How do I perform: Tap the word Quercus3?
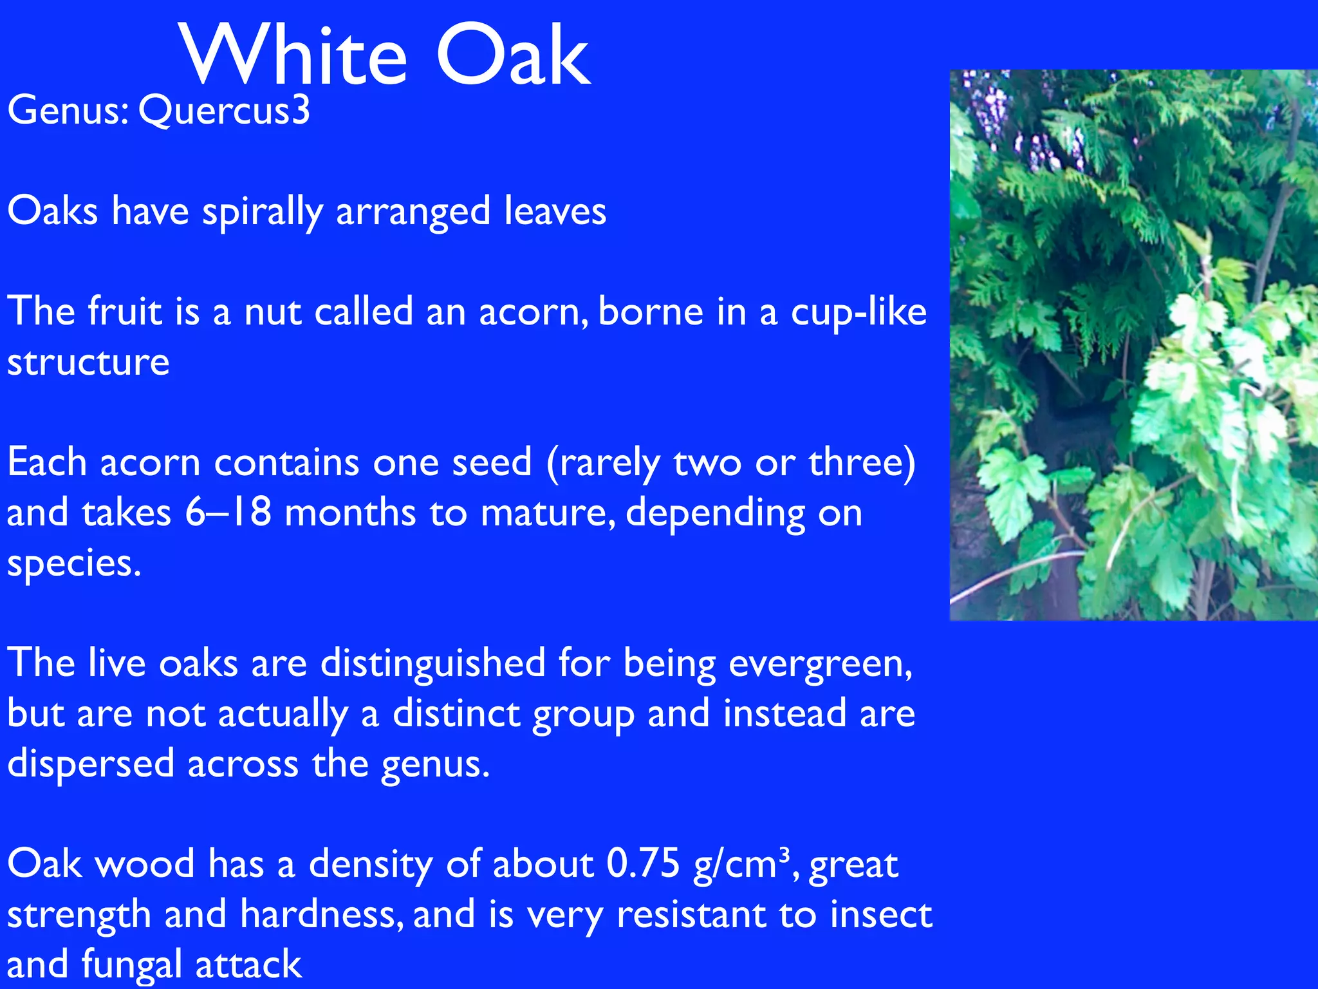(x=224, y=111)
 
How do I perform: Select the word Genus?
(x=68, y=111)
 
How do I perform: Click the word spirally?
(x=262, y=212)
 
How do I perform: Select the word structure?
(x=88, y=363)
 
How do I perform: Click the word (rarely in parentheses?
(x=603, y=464)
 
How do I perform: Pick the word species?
(x=73, y=564)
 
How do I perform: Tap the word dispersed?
(x=91, y=765)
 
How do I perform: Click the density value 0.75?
(x=642, y=864)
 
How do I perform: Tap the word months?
(x=350, y=513)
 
